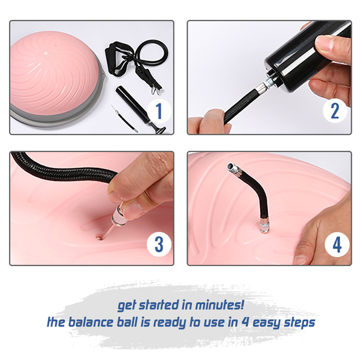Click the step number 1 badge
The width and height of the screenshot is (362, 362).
[159, 111]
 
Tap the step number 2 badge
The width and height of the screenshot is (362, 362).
[335, 111]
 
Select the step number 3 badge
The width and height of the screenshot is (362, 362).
[159, 244]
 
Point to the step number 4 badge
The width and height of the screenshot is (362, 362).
[337, 244]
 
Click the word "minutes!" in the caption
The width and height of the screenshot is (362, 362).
[220, 305]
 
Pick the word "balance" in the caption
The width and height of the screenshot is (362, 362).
[92, 322]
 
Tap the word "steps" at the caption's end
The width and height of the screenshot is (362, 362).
[299, 323]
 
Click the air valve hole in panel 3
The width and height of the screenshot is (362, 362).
[100, 238]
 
